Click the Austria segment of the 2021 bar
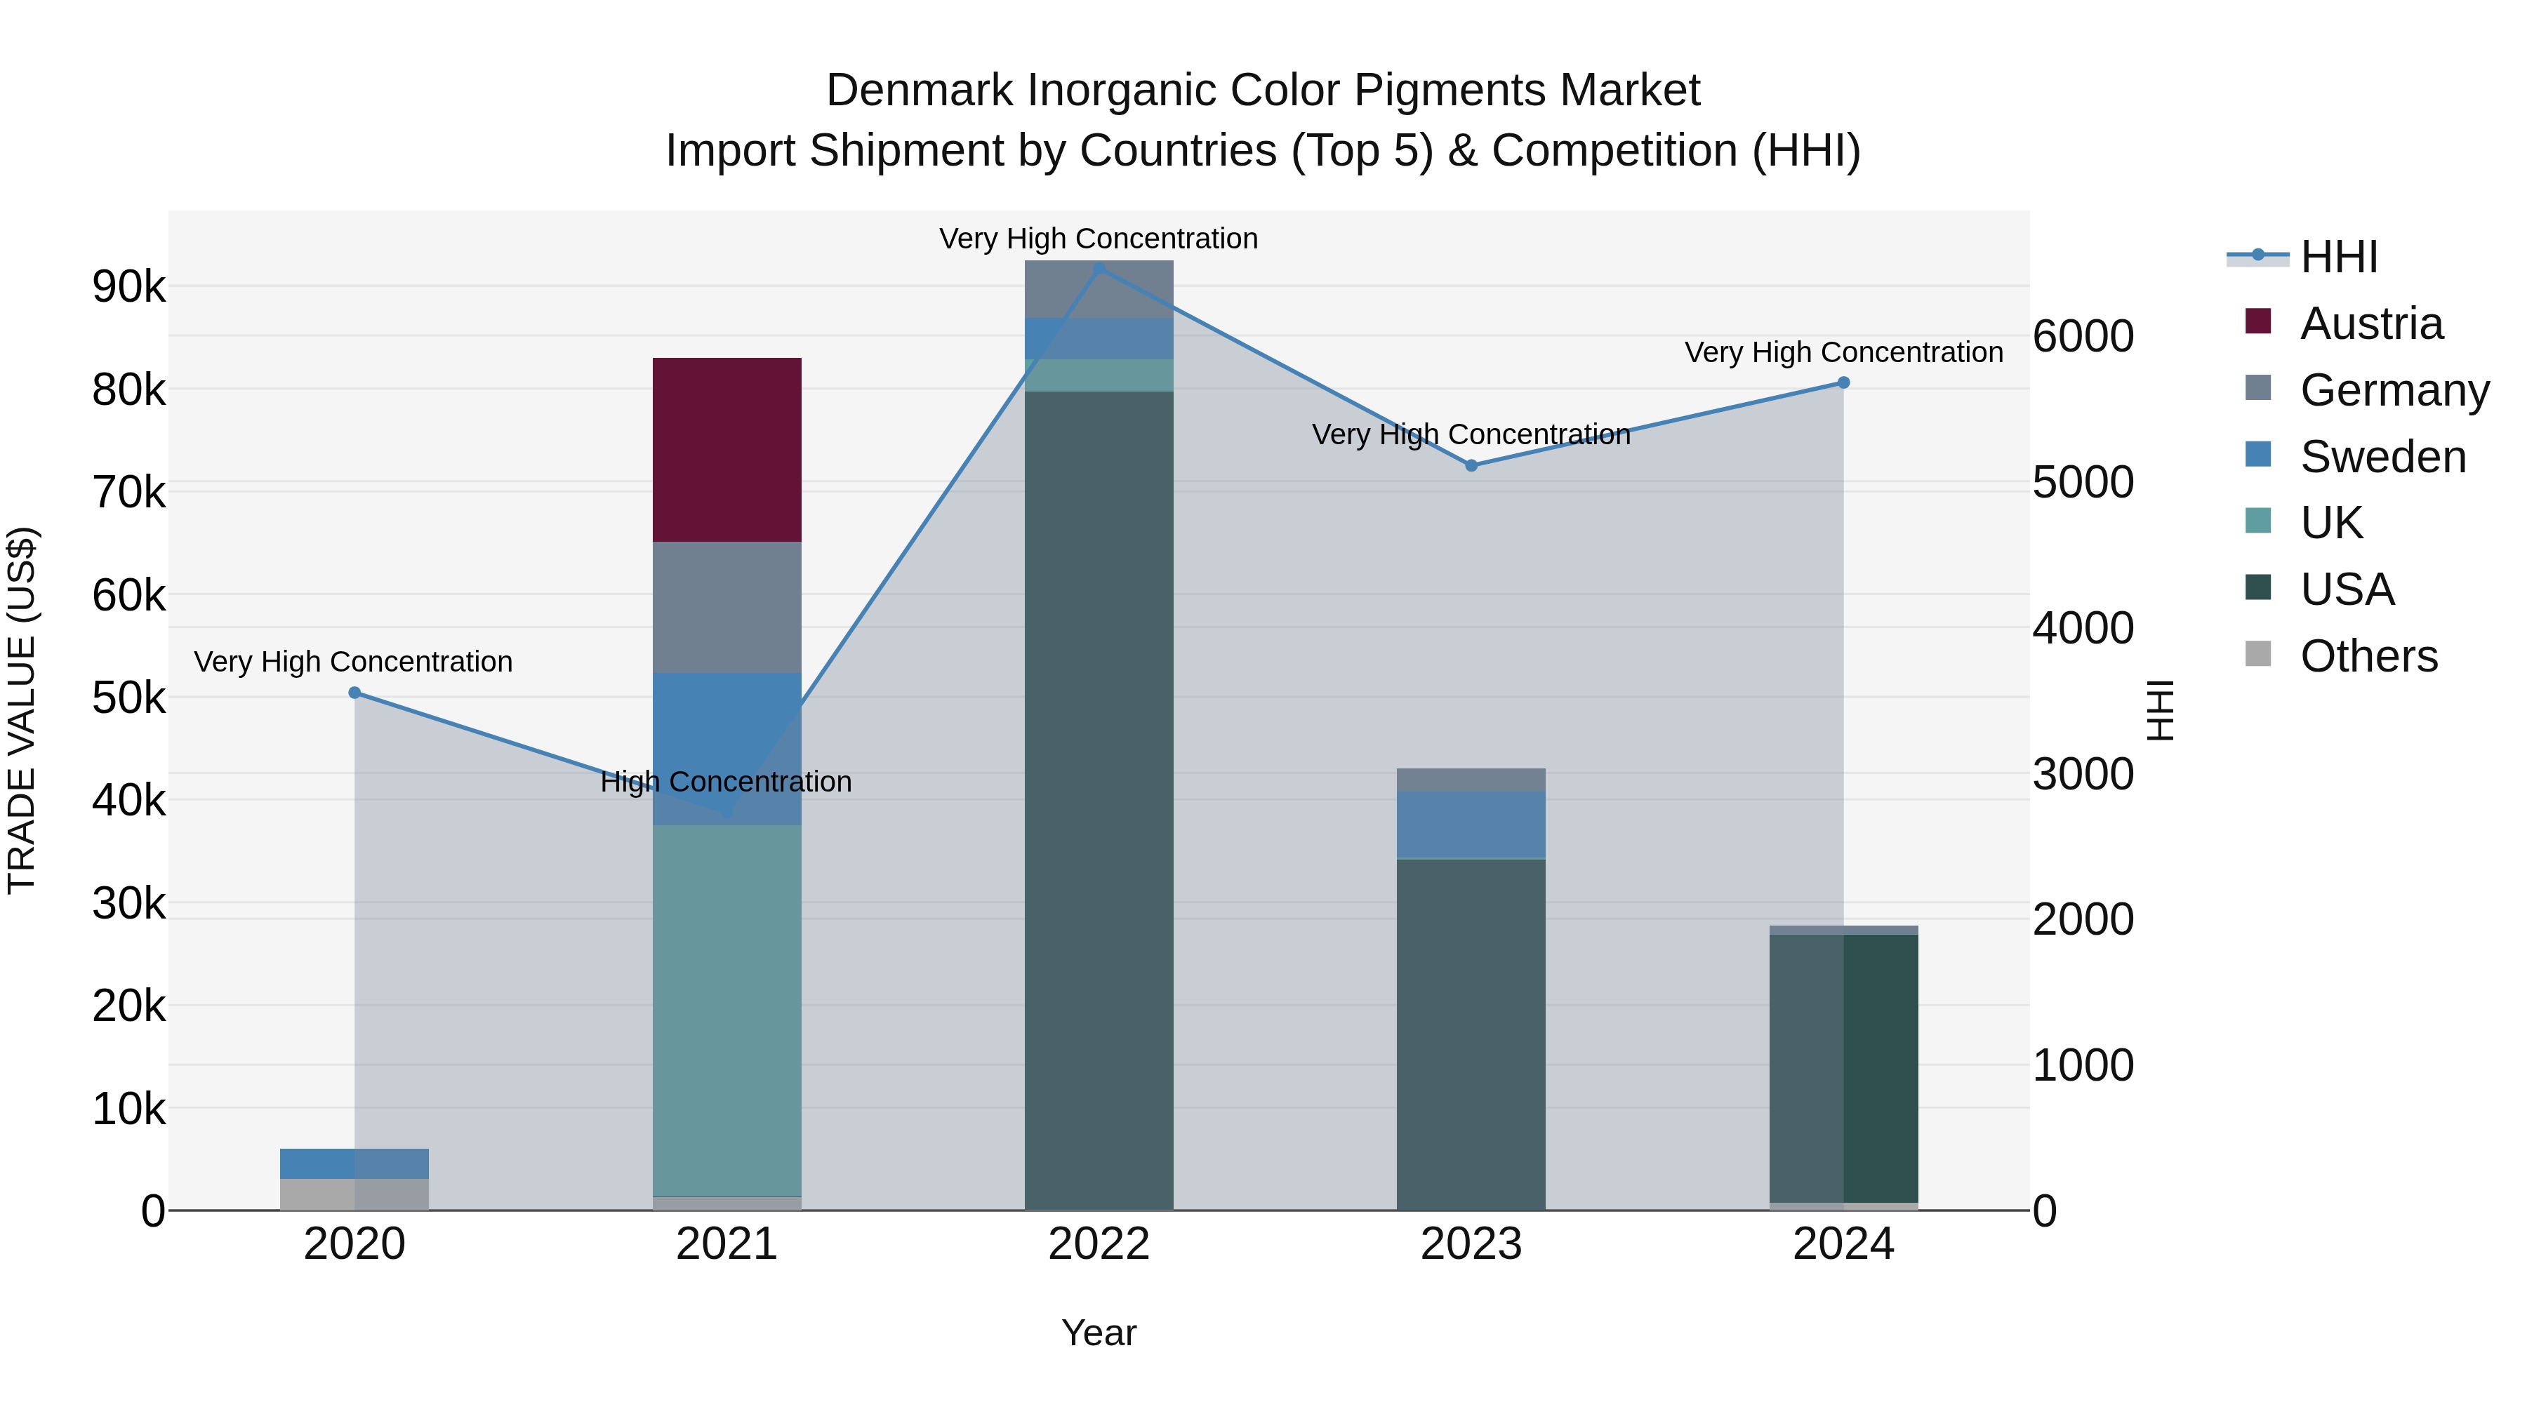coord(727,449)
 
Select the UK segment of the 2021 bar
coord(727,1010)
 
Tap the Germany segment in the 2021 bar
coord(727,607)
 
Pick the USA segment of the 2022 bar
coord(1099,799)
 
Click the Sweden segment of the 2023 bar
coord(1471,825)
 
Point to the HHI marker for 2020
coord(355,693)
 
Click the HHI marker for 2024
coord(1843,382)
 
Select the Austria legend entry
coord(2371,323)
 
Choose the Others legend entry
coord(2368,656)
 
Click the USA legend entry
coord(2347,589)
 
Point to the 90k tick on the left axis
coord(128,287)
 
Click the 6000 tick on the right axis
coord(2083,336)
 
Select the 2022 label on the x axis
coord(1099,1244)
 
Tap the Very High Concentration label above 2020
coord(353,662)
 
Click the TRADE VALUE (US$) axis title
coord(22,710)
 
